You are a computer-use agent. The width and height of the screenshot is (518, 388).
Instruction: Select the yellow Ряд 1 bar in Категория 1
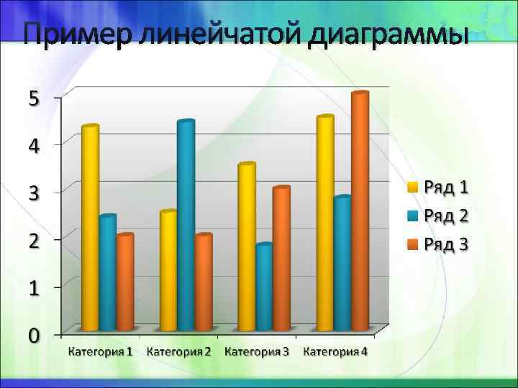coord(90,230)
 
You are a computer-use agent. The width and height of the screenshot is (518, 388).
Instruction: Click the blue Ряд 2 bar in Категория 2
coord(186,226)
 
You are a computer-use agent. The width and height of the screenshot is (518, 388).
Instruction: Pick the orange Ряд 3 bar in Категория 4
coord(360,212)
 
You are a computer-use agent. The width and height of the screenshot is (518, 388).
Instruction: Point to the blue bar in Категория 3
coord(264,287)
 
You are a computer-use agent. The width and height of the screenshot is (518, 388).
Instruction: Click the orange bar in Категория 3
coord(281,259)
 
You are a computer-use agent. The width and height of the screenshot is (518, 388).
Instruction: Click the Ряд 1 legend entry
coord(446,188)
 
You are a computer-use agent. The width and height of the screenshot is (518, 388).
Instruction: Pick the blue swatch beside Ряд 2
coord(413,216)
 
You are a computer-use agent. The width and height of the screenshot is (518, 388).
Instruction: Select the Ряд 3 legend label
coord(446,244)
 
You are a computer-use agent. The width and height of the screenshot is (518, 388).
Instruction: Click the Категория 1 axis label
coord(101,351)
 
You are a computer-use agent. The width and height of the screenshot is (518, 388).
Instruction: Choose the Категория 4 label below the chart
coord(335,351)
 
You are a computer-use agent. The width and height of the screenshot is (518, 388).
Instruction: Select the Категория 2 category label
coord(179,351)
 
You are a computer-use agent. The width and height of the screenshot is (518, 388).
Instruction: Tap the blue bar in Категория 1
coord(107,273)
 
